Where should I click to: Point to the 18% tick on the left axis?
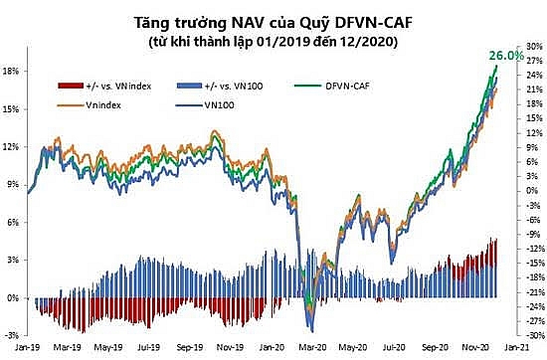[x=12, y=72]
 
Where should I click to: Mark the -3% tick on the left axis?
[x=12, y=335]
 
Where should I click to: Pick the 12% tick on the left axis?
[x=12, y=147]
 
